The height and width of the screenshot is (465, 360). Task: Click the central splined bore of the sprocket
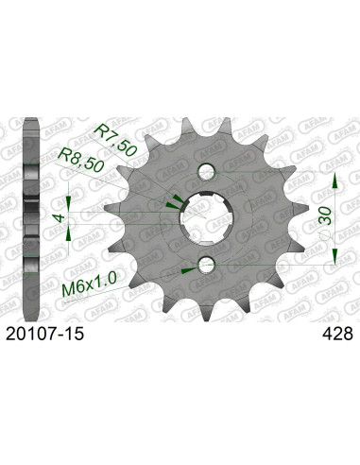(210, 217)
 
